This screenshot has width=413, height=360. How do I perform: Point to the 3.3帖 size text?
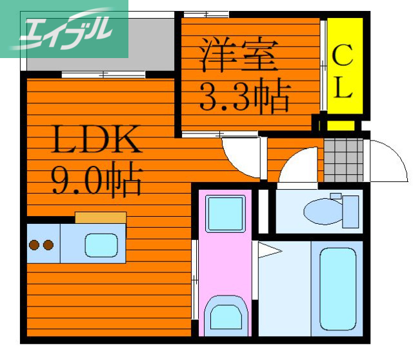click(x=243, y=96)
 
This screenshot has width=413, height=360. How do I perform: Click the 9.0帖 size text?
click(x=96, y=181)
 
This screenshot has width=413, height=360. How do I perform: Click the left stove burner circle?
click(x=34, y=245)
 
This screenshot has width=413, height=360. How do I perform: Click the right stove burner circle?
click(x=47, y=245)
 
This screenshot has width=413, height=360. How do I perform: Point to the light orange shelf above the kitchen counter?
click(x=100, y=217)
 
